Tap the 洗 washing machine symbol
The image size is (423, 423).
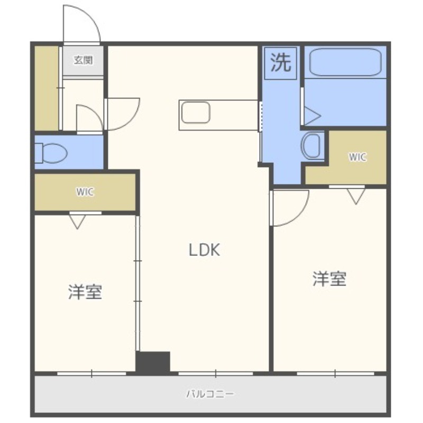281,63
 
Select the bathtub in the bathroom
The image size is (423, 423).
344,63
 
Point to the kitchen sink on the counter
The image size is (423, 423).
196,113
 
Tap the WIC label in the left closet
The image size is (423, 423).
85,192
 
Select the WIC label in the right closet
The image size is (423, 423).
357,157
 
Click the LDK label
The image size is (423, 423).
204,250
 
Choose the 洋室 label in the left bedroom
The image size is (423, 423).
85,292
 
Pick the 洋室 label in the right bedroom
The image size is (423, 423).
329,279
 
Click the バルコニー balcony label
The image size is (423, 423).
210,394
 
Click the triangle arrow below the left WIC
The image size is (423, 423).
78,222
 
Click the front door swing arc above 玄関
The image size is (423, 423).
82,24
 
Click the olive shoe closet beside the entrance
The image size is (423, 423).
47,88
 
